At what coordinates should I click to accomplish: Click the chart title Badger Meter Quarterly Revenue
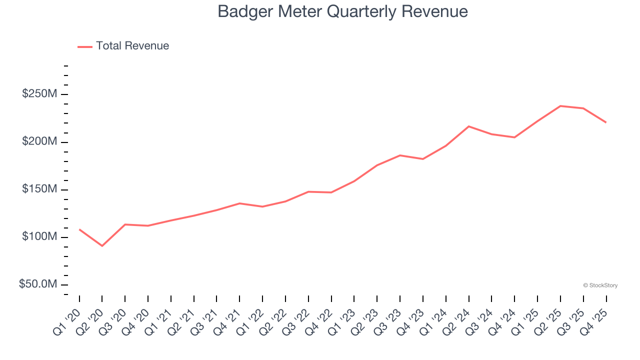tap(342, 11)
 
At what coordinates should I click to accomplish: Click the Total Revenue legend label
tap(132, 46)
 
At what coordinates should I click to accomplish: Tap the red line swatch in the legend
tap(85, 46)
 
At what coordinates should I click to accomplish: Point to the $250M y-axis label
tap(40, 94)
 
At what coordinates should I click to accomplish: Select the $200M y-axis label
tap(40, 142)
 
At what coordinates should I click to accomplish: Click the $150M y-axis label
tap(40, 189)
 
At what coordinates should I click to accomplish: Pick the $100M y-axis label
tap(40, 236)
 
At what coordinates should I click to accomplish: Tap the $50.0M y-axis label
tap(38, 284)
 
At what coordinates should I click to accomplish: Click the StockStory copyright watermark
tap(600, 285)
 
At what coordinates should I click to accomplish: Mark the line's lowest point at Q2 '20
tap(102, 246)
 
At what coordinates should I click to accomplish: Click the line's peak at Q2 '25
tap(560, 106)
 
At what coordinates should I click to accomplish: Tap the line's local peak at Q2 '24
tap(468, 126)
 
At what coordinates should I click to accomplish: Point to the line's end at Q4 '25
tap(606, 122)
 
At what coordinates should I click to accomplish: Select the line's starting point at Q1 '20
tap(79, 229)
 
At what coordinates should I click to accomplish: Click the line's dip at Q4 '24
tap(514, 137)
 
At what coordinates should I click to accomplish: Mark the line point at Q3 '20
tap(125, 224)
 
